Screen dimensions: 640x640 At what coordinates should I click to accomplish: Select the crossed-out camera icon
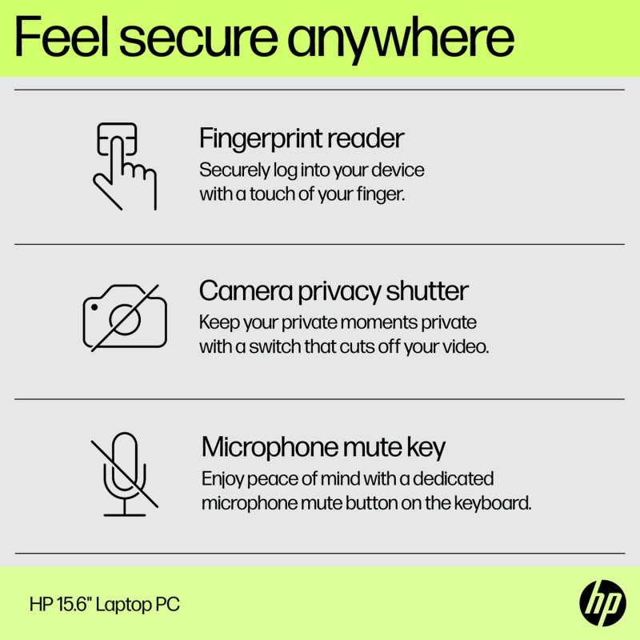coord(125,318)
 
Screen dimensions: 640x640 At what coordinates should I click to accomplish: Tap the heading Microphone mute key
coord(323,446)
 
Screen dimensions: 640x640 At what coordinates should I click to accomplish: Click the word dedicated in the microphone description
coord(455,479)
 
